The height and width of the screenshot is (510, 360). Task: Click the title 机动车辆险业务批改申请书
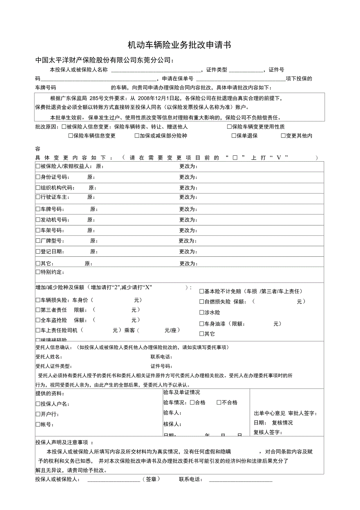point(180,45)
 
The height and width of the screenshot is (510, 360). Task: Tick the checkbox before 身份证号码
point(38,177)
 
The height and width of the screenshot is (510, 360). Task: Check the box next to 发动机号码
point(38,220)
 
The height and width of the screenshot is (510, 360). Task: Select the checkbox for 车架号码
point(38,230)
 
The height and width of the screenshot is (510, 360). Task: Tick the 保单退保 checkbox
point(234,136)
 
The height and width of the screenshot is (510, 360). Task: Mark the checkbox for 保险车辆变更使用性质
point(229,127)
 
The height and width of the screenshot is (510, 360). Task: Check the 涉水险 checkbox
point(202,312)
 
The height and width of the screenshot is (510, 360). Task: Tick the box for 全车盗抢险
point(38,320)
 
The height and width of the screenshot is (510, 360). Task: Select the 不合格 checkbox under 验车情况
point(219,402)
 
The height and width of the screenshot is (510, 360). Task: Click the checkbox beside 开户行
point(38,414)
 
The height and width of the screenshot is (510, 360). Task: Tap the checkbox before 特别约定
point(38,272)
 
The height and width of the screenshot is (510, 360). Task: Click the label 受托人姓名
point(49,357)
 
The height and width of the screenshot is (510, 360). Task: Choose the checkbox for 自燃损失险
point(202,302)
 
